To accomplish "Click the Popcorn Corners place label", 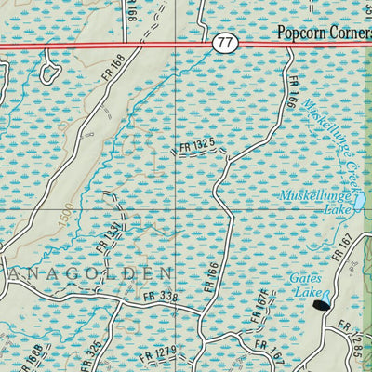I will tap(324, 33).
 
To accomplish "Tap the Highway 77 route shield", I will tap(223, 43).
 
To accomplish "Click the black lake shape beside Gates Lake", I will tap(322, 304).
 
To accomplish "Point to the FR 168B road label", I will tap(28, 358).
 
